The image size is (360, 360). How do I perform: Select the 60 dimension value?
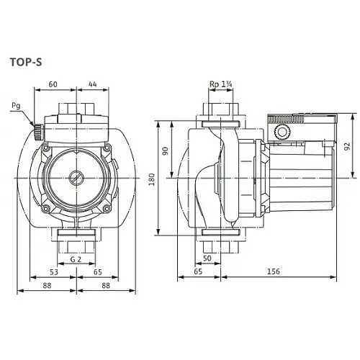coord(53,84)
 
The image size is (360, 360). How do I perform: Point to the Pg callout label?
coord(17,106)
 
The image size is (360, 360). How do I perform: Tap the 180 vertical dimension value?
coord(151,178)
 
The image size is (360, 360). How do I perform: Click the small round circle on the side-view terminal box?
coord(282,132)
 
